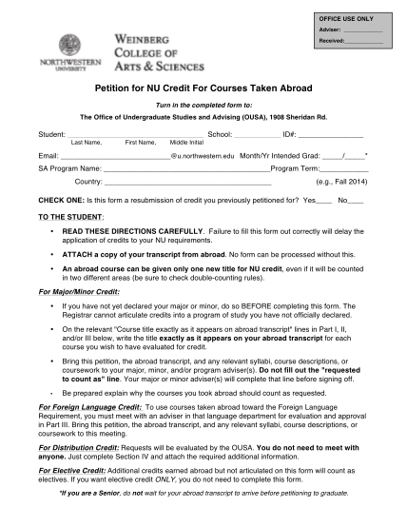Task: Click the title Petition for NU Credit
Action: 203,86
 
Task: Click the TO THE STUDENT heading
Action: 68,216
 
